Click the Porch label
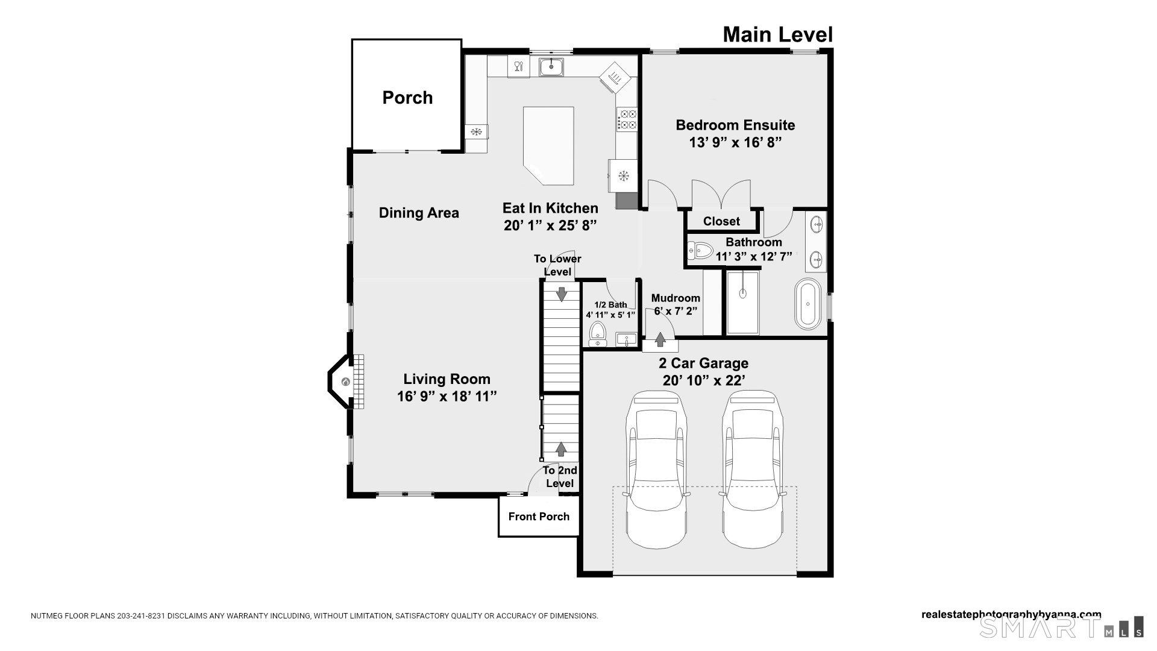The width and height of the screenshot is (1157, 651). point(407,98)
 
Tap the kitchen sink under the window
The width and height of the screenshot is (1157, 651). point(551,66)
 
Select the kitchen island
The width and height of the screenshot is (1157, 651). point(548,146)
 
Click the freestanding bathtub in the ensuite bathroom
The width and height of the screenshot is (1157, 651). point(807,304)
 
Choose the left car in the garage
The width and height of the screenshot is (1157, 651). point(656,470)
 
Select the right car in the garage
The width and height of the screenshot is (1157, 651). point(753,470)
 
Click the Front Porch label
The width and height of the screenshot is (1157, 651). point(539,517)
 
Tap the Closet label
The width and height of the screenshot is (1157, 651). point(721,221)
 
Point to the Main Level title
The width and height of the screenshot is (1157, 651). point(778,34)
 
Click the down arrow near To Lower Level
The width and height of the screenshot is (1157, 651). point(562,294)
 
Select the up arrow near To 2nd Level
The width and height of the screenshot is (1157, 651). point(561,448)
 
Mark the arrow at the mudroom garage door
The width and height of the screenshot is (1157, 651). point(660,339)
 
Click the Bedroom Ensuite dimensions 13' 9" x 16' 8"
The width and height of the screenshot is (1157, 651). point(735,142)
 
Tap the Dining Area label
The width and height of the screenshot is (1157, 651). point(419,213)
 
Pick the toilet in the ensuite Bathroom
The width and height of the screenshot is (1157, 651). point(700,250)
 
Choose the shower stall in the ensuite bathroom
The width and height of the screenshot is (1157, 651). point(742,303)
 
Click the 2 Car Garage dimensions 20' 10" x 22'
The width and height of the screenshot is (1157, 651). point(704,380)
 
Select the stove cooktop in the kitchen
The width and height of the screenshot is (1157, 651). point(627,119)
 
